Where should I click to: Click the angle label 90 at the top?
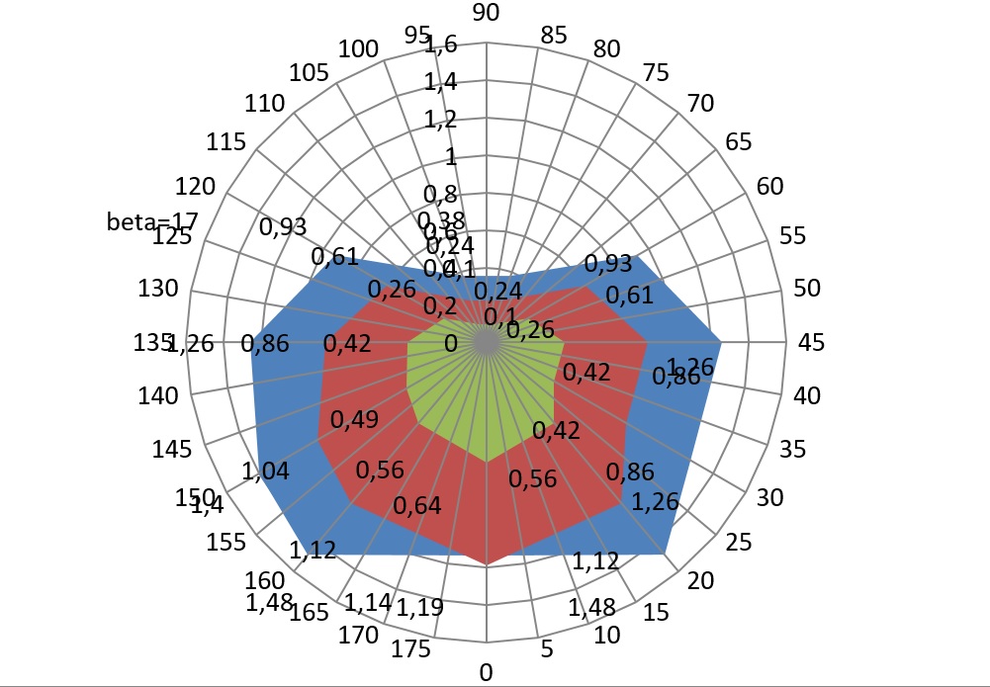click(x=486, y=13)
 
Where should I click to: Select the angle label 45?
click(x=810, y=342)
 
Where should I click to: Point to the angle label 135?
click(x=152, y=343)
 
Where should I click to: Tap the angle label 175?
click(x=410, y=648)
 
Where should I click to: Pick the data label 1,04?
click(x=265, y=472)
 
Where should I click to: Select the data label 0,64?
click(x=416, y=506)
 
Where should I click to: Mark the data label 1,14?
click(x=366, y=601)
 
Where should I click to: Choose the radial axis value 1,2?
click(x=441, y=120)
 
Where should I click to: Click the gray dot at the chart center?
click(x=486, y=342)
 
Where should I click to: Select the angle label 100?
click(x=357, y=49)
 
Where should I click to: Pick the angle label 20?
click(x=700, y=581)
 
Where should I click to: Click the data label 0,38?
click(x=441, y=219)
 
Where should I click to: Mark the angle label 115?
click(x=227, y=142)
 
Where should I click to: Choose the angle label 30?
click(x=768, y=497)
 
